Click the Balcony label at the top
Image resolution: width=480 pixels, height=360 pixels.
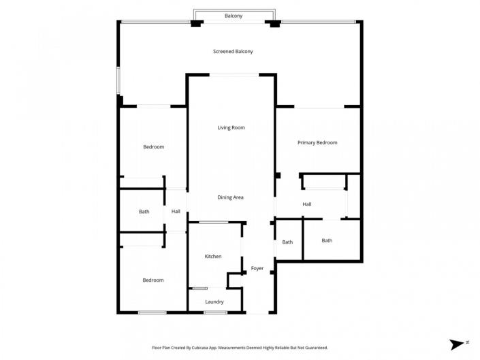click(x=234, y=16)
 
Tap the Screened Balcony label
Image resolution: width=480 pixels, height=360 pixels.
click(x=233, y=52)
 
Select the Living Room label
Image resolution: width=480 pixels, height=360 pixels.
click(x=231, y=128)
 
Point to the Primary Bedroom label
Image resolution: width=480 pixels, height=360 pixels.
click(x=317, y=143)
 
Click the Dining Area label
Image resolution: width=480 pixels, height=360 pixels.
click(x=230, y=197)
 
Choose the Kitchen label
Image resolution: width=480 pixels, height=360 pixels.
click(x=213, y=257)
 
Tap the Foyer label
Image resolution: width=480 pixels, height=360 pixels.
click(x=257, y=268)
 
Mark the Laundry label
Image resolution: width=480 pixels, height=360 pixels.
click(x=214, y=301)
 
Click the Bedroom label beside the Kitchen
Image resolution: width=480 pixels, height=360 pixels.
click(x=153, y=280)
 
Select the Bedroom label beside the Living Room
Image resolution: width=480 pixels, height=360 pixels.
click(x=153, y=147)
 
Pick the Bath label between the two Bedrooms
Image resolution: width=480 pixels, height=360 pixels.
click(x=144, y=212)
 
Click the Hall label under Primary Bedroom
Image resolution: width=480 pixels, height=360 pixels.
click(x=307, y=204)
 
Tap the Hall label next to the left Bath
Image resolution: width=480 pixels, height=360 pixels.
click(x=176, y=212)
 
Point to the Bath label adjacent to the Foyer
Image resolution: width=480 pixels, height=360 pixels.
click(x=287, y=242)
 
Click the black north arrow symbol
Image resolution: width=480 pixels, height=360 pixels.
click(x=455, y=344)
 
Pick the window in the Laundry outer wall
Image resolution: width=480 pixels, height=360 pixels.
click(x=215, y=312)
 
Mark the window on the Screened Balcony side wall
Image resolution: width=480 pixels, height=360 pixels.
click(x=118, y=80)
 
